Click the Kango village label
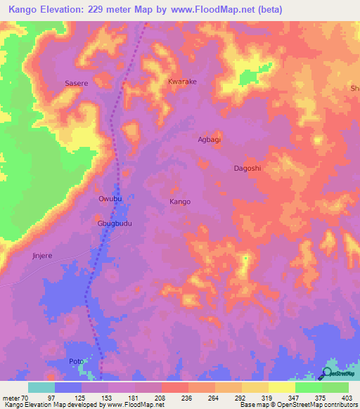point(180,202)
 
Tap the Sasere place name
point(76,83)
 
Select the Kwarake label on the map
point(182,82)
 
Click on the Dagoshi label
point(247,169)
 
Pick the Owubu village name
point(110,200)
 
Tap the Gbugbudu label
point(115,223)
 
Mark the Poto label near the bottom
point(76,362)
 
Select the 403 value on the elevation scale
point(347,397)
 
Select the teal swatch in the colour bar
point(41,387)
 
